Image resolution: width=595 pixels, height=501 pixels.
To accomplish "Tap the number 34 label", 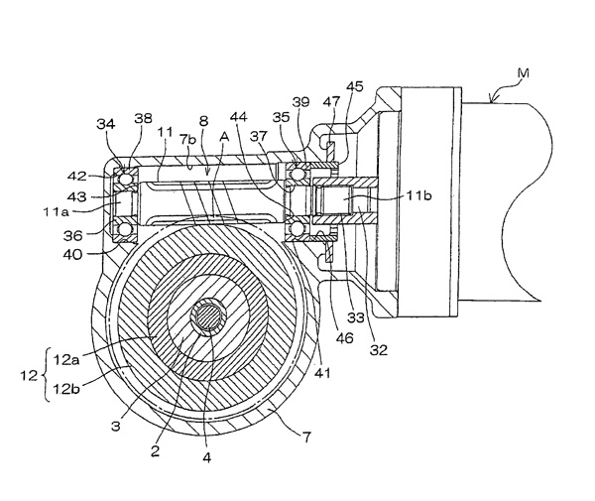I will [x=106, y=123].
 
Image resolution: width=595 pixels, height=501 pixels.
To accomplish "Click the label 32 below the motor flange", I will [x=377, y=349].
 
